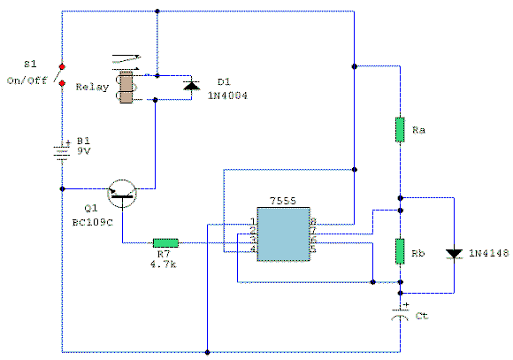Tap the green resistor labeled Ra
click(x=400, y=130)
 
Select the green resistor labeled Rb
click(x=400, y=252)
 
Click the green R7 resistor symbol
click(x=165, y=241)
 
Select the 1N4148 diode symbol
click(x=454, y=254)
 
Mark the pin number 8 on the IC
click(x=312, y=221)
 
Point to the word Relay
click(x=92, y=88)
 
